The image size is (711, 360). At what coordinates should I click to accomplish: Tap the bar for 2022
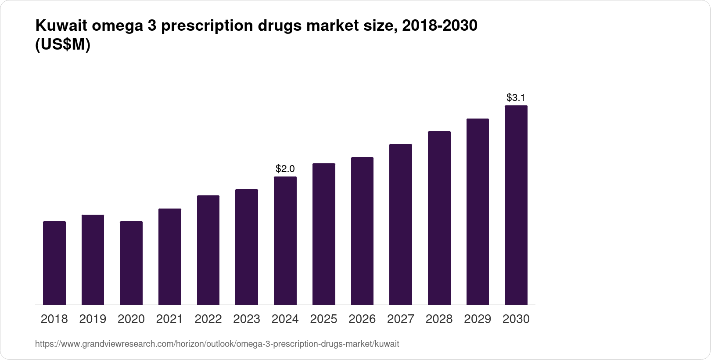tap(208, 250)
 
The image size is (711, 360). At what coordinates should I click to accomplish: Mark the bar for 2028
tap(439, 218)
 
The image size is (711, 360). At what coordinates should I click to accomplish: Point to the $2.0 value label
tap(285, 169)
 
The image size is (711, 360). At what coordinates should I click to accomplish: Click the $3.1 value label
tap(516, 97)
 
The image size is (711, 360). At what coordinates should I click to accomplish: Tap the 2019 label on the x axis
tap(93, 319)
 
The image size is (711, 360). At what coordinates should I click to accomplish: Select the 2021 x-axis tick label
tap(169, 319)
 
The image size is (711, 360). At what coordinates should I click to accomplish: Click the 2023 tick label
tap(247, 319)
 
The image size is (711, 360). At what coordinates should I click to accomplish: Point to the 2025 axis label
tap(323, 319)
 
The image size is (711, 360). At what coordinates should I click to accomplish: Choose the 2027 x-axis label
tap(401, 319)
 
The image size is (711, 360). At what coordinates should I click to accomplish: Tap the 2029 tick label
tap(478, 319)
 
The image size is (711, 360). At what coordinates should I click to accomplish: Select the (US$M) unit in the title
tap(62, 45)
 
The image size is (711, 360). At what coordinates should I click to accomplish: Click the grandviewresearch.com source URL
tap(217, 344)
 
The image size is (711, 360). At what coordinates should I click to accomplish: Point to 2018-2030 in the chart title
tap(439, 26)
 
